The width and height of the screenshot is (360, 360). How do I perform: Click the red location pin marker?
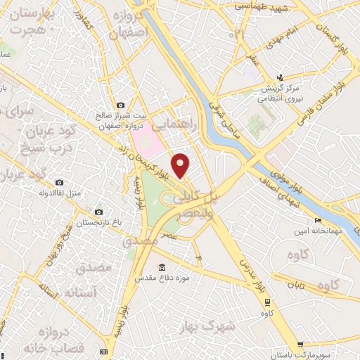click(181, 165)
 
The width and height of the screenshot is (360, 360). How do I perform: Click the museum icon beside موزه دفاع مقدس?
click(162, 268)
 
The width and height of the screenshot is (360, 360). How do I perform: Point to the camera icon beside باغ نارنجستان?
click(98, 211)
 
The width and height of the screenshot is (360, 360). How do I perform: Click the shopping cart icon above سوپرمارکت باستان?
click(301, 345)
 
